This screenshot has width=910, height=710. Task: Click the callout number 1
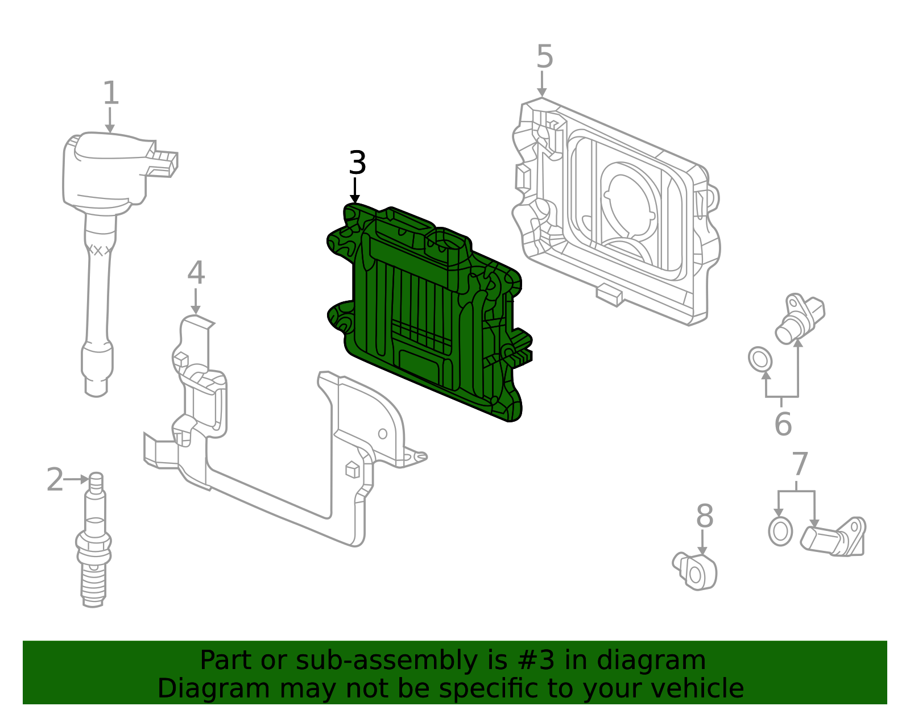[111, 93]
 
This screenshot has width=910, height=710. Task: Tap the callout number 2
[55, 480]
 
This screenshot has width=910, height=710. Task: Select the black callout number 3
[357, 164]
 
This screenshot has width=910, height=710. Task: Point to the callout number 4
[196, 273]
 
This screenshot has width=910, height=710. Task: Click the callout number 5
[544, 57]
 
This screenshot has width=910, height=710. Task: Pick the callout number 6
[783, 424]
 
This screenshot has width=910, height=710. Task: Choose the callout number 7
[799, 465]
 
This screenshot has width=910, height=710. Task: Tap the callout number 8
[704, 517]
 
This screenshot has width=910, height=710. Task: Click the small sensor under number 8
[696, 571]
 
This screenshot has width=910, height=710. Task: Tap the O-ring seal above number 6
[760, 359]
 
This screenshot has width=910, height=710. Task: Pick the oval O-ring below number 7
[780, 532]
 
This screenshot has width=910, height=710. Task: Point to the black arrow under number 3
[355, 191]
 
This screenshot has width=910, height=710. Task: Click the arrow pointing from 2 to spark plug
[76, 480]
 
